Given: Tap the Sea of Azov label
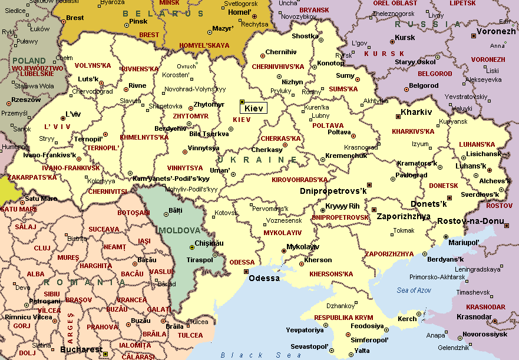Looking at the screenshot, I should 414,290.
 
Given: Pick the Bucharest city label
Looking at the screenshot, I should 81,350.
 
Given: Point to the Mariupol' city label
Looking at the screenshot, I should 464,242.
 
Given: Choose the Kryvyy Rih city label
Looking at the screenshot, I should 342,206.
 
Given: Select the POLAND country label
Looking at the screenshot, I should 29,61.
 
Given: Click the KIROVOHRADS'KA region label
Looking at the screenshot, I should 299,180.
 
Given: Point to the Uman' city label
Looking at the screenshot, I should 220,170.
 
